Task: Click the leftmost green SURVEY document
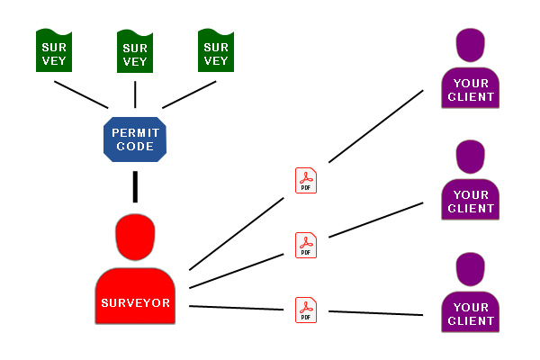pos(54,50)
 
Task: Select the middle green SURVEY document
pos(135,51)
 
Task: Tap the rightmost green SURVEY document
pos(216,50)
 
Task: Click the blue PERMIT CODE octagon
pos(135,139)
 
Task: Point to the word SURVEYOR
pos(135,302)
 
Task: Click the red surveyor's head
pos(135,237)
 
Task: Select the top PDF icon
pos(306,181)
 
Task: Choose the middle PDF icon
pos(306,246)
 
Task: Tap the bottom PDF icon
pos(306,310)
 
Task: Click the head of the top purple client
pos(471,45)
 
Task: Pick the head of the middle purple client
pos(471,157)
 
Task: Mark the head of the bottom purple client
pos(471,269)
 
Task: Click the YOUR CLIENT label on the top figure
pos(471,90)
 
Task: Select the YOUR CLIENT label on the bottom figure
pos(471,314)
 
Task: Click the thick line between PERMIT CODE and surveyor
pos(135,186)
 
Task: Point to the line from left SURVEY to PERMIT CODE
pos(81,94)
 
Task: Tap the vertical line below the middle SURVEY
pos(135,94)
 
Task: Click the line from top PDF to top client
pos(375,126)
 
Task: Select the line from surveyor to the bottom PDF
pos(236,308)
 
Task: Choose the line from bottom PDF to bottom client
pos(375,313)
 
